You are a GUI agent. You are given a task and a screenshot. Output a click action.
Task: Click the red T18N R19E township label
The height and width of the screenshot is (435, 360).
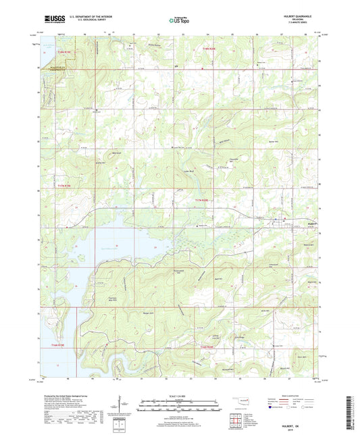pyautogui.click(x=63, y=51)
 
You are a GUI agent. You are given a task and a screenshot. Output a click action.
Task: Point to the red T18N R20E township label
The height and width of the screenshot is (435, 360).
pyautogui.click(x=211, y=48)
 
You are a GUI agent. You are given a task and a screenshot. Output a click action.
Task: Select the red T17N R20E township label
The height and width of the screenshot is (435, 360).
pyautogui.click(x=203, y=201)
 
